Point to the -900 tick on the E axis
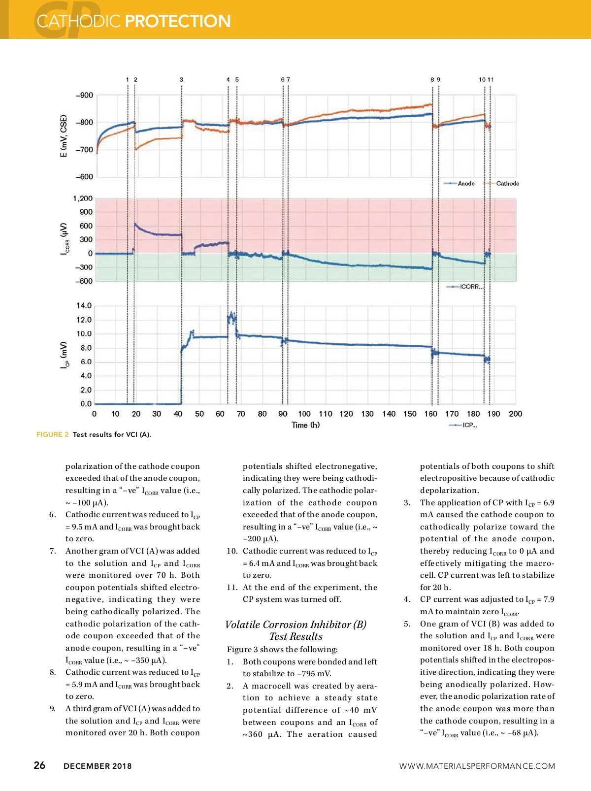pyautogui.click(x=84, y=96)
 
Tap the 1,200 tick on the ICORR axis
pyautogui.click(x=83, y=198)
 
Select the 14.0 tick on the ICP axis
pyautogui.click(x=84, y=306)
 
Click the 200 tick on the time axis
pyautogui.click(x=515, y=414)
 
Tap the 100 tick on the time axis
pyautogui.click(x=304, y=414)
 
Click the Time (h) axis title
pyautogui.click(x=305, y=425)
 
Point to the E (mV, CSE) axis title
pyautogui.click(x=64, y=136)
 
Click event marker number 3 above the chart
pyautogui.click(x=181, y=80)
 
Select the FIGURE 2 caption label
pyautogui.click(x=52, y=434)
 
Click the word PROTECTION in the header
pyautogui.click(x=178, y=21)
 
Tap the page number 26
pyautogui.click(x=39, y=765)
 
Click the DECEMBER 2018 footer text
pyautogui.click(x=98, y=766)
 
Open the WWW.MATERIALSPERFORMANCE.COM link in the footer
pyautogui.click(x=477, y=766)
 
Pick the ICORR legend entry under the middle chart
pyautogui.click(x=471, y=287)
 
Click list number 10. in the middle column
pyautogui.click(x=232, y=551)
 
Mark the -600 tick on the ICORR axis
pyautogui.click(x=84, y=281)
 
